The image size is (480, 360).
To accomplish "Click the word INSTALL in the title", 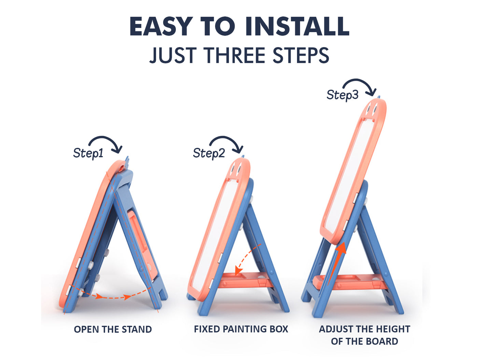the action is (297, 26).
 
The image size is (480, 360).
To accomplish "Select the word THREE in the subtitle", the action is (234, 55).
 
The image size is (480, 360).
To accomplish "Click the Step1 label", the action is (88, 153).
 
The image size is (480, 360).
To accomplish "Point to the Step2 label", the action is (209, 153).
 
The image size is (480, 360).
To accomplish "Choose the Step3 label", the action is (342, 95).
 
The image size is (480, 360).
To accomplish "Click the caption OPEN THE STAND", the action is (113, 330).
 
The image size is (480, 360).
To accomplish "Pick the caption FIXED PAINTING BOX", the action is (241, 329).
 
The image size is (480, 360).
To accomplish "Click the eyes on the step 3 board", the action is (372, 109).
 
